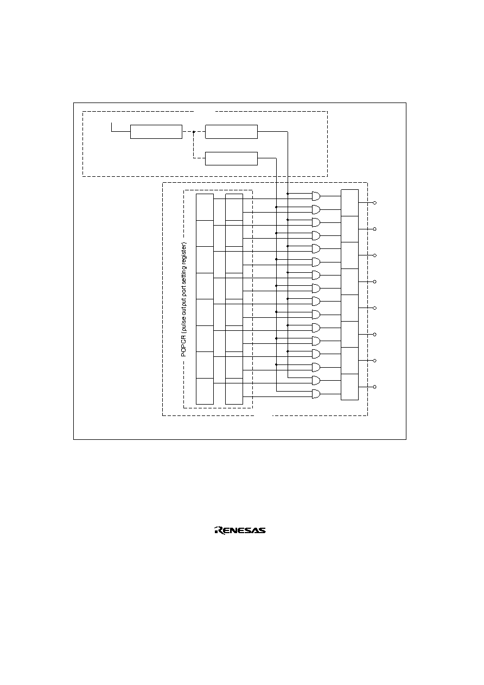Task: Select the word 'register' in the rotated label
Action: [183, 252]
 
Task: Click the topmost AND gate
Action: [316, 196]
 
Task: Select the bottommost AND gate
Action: [316, 394]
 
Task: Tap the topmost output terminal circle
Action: [375, 203]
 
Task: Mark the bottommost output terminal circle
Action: [375, 387]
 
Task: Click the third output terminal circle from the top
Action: [375, 255]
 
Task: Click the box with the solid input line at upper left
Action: [156, 132]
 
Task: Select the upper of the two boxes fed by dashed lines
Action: [231, 132]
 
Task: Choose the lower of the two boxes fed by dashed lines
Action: [231, 158]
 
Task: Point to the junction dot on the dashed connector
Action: [194, 132]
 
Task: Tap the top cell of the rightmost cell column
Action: [349, 203]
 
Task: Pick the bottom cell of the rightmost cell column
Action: [349, 387]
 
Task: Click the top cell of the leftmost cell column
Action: [205, 207]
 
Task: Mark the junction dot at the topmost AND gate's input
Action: [288, 194]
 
